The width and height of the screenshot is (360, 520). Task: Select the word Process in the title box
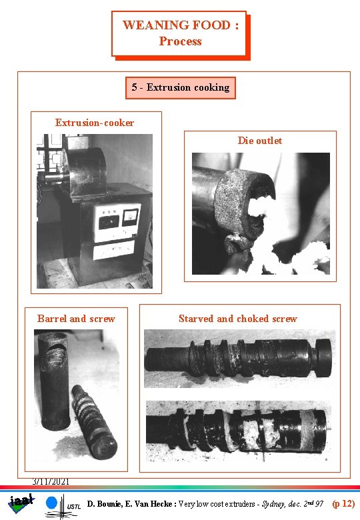click(180, 41)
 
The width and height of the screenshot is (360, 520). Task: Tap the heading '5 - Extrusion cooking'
click(180, 87)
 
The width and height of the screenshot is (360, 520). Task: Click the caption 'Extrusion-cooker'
click(95, 123)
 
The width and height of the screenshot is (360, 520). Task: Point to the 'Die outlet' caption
click(259, 141)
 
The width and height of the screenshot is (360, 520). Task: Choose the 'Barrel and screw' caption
click(76, 319)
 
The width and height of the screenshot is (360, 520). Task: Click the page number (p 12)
click(343, 505)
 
